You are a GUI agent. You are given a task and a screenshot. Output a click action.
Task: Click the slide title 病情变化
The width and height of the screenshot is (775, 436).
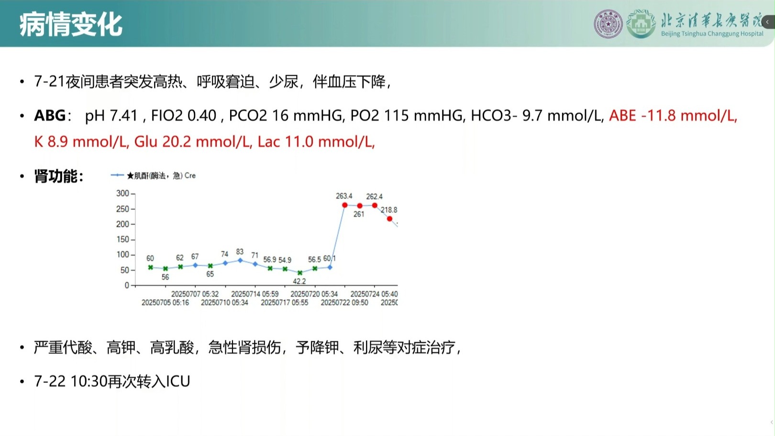coord(71,24)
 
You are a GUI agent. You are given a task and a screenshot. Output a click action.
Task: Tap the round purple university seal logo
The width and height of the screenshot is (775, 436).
coord(608,24)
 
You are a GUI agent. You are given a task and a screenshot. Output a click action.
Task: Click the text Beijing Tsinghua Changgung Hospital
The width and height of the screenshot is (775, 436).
coord(712,34)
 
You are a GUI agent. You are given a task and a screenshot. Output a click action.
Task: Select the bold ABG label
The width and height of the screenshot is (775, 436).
coord(50,115)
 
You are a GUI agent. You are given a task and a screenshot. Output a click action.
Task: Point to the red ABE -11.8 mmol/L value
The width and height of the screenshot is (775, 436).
coord(673,115)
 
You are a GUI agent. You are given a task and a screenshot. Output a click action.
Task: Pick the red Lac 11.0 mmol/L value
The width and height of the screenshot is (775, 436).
coord(316,142)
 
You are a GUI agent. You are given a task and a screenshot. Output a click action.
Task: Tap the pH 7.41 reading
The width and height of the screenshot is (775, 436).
coord(111,115)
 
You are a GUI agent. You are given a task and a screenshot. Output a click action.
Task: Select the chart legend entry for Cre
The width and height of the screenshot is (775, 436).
coord(153,176)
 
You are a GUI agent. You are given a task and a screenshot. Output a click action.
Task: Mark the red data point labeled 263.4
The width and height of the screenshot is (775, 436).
coord(344,205)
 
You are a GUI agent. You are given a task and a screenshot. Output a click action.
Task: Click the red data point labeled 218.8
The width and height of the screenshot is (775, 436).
coord(389,219)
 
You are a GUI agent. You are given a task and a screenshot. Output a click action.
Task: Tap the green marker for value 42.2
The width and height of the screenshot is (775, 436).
coord(300,273)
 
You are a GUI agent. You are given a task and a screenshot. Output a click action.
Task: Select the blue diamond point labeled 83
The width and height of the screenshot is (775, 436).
coord(240,260)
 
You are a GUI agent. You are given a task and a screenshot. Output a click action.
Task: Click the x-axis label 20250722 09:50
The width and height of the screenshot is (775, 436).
coord(344,302)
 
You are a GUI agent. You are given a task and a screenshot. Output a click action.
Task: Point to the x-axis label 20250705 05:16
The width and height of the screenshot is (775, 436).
coord(165,302)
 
